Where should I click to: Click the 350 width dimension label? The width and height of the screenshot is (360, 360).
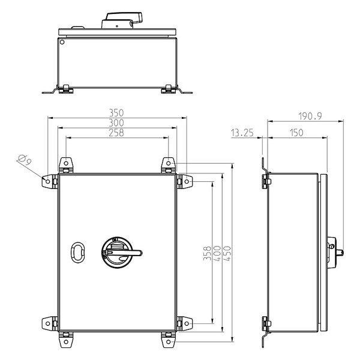(x=116, y=113)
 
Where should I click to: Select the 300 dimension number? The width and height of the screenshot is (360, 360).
(x=116, y=123)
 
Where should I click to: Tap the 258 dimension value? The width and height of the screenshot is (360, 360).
(x=116, y=133)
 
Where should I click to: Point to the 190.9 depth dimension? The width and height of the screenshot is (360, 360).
(x=310, y=116)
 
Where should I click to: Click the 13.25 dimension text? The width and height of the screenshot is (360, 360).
(x=242, y=133)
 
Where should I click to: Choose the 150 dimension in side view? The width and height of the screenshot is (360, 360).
(x=296, y=133)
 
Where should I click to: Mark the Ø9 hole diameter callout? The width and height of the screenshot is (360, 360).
(x=25, y=160)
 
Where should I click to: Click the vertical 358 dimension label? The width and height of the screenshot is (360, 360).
(x=207, y=253)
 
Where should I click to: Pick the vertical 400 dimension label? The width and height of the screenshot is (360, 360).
(x=217, y=253)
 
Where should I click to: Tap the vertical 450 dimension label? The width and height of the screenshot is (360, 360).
(x=227, y=253)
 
